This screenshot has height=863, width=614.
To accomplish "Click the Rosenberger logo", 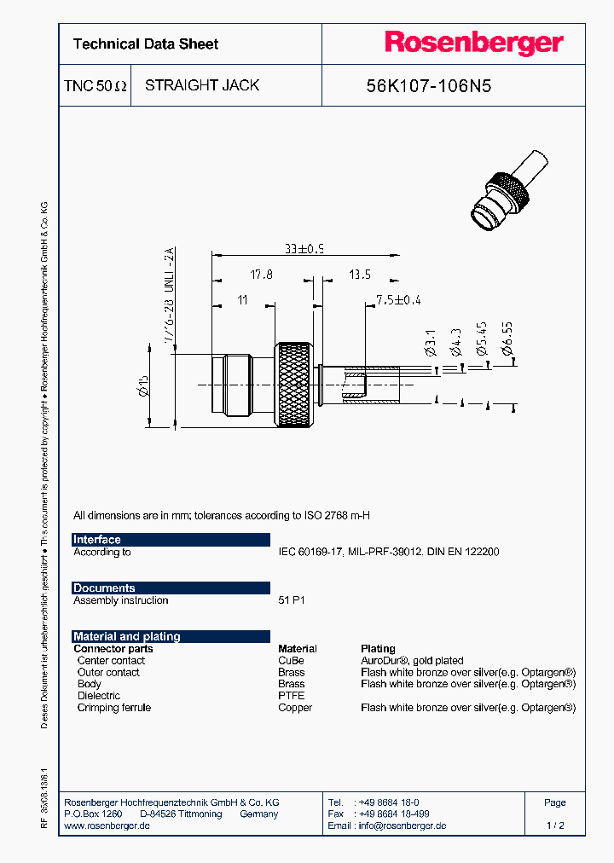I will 473,43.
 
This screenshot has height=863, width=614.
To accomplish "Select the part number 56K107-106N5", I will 428,86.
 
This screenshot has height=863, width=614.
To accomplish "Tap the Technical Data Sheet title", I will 146,44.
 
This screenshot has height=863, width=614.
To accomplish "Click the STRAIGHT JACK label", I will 202,85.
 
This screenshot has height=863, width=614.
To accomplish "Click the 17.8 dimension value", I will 262,275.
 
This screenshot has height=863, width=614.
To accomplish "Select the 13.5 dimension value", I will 359,275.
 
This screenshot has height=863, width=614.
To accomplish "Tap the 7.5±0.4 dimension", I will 398,300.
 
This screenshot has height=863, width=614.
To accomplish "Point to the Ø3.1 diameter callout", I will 430,344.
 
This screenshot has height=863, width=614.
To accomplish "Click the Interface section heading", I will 97,540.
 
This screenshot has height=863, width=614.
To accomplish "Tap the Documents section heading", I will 104,588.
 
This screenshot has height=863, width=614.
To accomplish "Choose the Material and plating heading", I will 127,636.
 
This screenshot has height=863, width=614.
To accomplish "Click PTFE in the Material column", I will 291,696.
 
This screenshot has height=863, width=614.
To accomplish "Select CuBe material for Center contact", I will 291,661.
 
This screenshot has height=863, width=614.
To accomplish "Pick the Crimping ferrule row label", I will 113,708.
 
